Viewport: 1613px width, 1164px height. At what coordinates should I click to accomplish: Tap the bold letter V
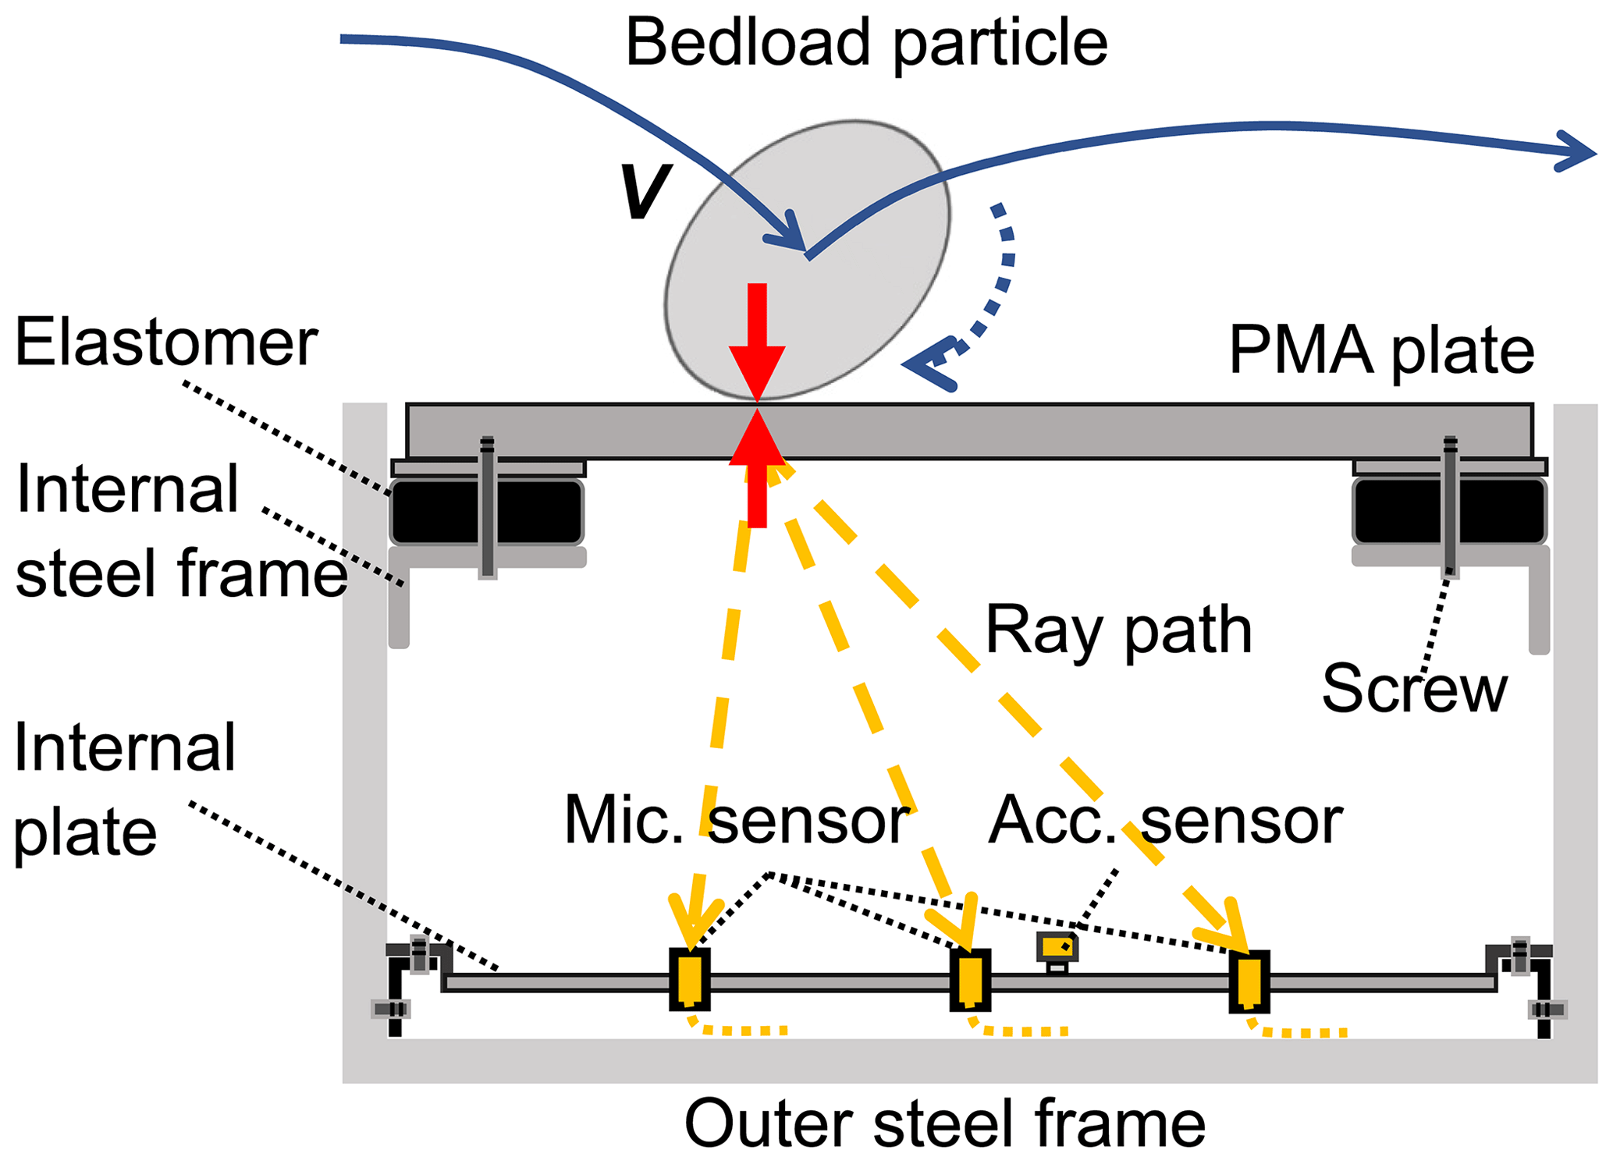645,191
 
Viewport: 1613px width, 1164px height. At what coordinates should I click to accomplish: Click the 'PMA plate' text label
1381,351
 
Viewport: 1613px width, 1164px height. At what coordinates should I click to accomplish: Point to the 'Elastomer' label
166,343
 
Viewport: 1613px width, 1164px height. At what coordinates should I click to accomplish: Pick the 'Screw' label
1414,689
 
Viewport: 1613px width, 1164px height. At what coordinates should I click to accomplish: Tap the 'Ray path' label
1118,630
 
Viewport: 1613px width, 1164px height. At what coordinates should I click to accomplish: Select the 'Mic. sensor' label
736,821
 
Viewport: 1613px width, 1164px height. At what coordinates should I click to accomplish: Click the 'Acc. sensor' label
1164,821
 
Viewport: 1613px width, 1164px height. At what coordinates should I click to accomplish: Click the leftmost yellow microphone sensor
690,980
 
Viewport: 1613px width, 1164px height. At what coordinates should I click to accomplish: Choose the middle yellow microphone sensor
970,980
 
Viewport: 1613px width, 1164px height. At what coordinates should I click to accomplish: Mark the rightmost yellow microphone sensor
1249,981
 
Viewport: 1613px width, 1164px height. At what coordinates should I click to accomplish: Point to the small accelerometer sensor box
1057,948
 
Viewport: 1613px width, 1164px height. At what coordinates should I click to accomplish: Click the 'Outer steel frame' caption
944,1123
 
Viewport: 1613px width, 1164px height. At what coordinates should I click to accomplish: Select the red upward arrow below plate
757,468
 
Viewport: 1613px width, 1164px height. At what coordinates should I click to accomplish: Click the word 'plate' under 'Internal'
86,833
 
